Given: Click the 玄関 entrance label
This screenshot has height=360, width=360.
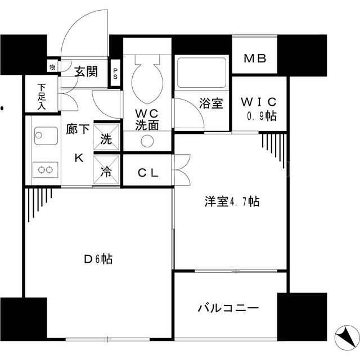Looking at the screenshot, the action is (x=86, y=71).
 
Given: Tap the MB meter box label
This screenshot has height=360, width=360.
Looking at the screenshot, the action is (x=255, y=58).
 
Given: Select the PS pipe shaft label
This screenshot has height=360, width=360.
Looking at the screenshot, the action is (x=115, y=73).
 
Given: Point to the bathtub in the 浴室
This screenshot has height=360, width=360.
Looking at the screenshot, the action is (x=202, y=73).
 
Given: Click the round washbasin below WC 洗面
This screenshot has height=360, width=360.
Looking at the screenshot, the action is (x=147, y=141).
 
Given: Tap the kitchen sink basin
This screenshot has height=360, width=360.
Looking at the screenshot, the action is (x=46, y=136).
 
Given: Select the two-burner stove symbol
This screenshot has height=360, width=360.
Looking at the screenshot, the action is (x=45, y=170).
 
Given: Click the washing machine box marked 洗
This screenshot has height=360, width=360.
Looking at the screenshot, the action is (x=106, y=137).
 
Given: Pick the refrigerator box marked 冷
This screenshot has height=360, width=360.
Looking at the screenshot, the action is (x=106, y=170).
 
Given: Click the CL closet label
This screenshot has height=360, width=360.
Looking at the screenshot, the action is (x=148, y=173).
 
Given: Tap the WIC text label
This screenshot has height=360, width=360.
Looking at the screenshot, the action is (x=259, y=102).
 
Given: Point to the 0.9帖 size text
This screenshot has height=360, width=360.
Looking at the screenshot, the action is (x=262, y=116).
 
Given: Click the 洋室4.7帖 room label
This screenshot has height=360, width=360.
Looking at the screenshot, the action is (x=232, y=201).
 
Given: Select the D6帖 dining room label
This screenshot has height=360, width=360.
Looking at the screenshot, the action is (x=98, y=259).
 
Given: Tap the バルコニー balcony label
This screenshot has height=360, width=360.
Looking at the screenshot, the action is (x=228, y=308).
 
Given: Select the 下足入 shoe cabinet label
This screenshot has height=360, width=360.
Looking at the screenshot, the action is (x=42, y=96).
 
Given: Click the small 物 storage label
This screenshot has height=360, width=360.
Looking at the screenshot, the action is (x=52, y=67).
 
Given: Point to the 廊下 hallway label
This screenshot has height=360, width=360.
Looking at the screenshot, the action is (x=78, y=129).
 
